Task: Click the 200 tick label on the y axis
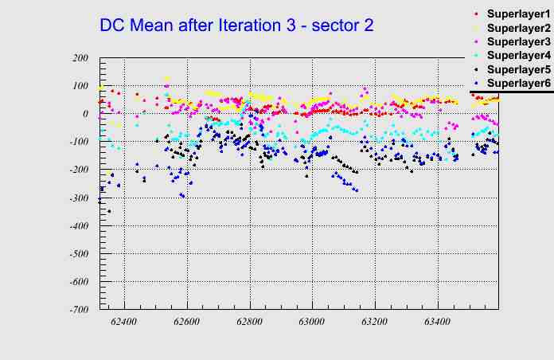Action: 80,58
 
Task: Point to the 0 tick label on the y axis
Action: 84,114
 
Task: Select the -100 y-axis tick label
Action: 78,142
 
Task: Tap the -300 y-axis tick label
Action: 78,198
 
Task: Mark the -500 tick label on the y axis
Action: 78,254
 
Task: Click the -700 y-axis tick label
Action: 78,310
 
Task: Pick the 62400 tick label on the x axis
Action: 124,322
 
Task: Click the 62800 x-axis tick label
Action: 250,322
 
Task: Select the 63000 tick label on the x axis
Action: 312,322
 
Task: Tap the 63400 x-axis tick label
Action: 437,322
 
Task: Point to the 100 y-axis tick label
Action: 80,86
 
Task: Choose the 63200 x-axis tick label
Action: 375,322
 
